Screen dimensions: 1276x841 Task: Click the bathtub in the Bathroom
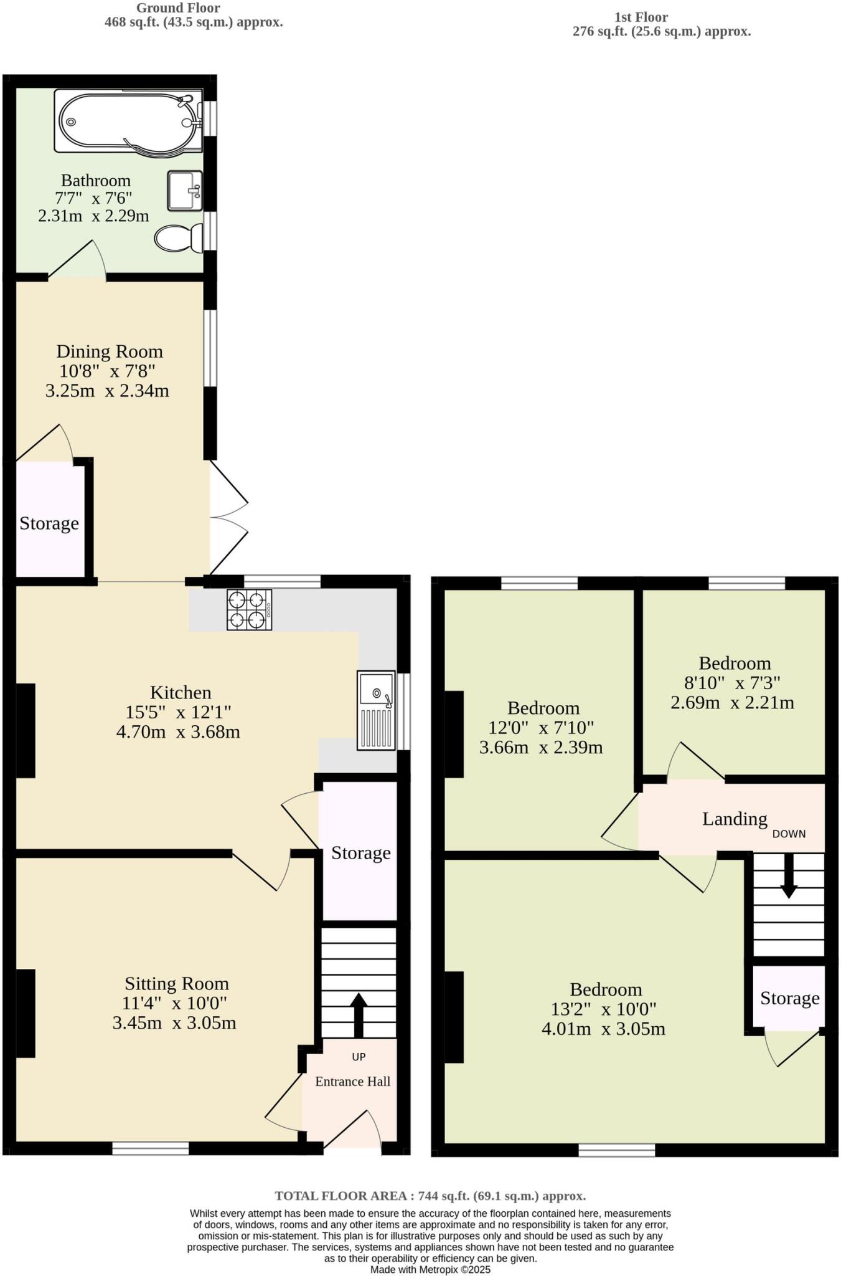128,121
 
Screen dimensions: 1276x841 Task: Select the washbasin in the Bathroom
185,191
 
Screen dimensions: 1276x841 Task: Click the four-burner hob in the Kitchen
249,610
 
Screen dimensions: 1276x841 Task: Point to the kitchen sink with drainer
377,710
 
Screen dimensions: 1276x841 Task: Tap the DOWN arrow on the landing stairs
789,876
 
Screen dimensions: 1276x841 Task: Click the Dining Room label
110,351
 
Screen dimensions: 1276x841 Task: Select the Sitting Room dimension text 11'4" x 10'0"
175,1004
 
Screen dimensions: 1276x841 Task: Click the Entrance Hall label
352,1082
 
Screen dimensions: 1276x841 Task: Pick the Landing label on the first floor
735,819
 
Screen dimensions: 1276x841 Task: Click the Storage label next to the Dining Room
49,523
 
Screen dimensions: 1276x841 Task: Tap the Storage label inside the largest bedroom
789,998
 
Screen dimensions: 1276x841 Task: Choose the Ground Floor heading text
177,8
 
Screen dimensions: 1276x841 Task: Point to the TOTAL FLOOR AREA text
430,1196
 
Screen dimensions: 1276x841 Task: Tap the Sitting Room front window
151,1148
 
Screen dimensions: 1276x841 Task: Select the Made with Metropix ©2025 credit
430,1269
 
